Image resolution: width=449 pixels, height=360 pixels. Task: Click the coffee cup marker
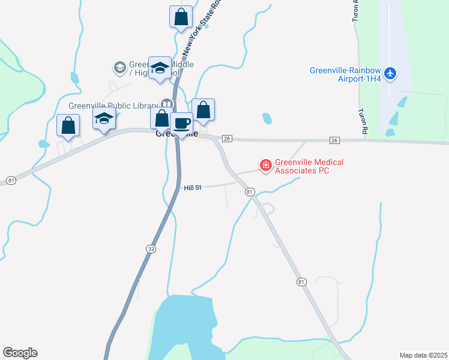tap(182, 124)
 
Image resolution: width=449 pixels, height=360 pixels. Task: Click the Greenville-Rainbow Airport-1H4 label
tap(346, 74)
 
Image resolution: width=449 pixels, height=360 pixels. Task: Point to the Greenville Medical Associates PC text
tap(303, 166)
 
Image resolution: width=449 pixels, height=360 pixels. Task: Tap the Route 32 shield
tap(149, 247)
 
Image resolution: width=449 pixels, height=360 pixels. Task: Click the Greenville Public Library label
tap(113, 106)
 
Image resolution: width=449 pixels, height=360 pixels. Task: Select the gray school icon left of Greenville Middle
tap(119, 67)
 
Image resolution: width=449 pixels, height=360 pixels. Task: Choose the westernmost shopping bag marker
tap(68, 125)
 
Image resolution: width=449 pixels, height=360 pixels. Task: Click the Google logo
tap(20, 353)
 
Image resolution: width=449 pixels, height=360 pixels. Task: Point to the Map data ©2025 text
tap(423, 355)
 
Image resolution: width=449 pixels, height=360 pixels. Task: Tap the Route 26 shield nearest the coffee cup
tap(226, 139)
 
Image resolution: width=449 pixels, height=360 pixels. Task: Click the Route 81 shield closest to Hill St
tap(250, 191)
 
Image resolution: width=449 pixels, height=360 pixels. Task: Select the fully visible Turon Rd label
tap(363, 121)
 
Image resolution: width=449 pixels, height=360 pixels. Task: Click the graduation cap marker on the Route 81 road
tap(104, 118)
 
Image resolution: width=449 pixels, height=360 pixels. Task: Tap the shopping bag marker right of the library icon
tap(203, 110)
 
